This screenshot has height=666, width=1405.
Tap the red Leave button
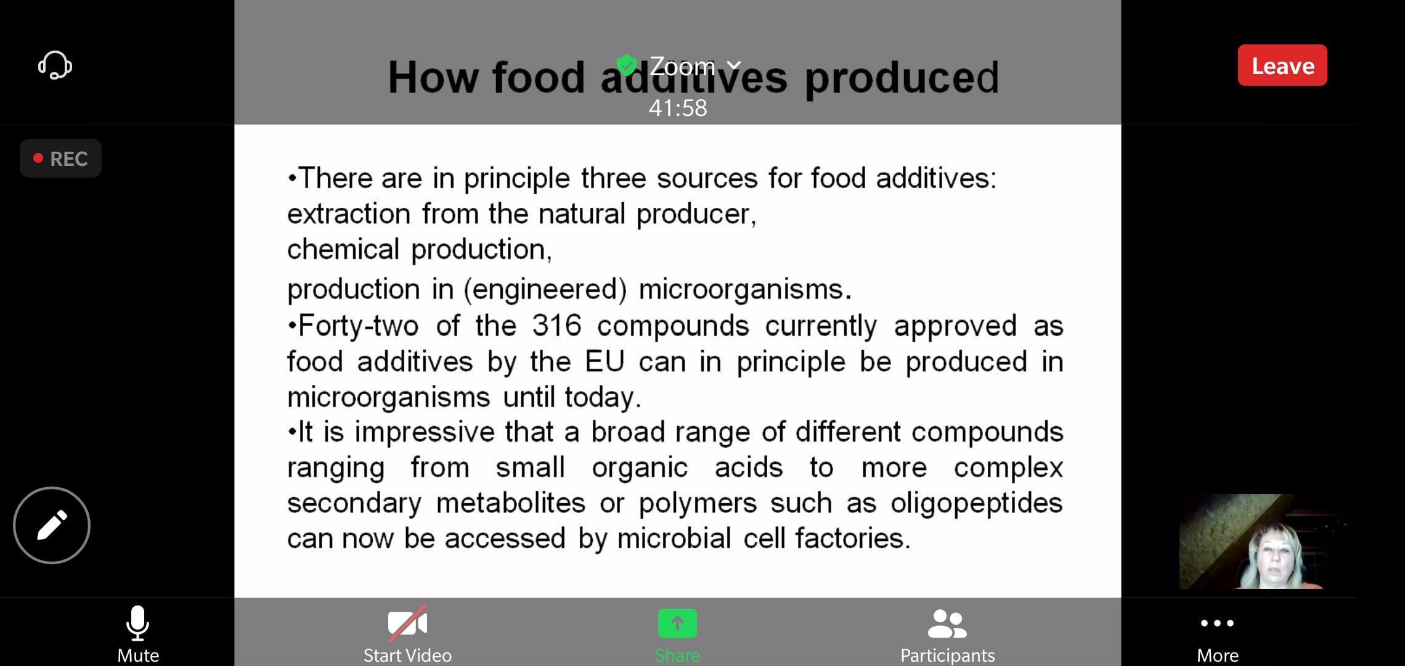[x=1282, y=65]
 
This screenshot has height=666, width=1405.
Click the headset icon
[x=55, y=65]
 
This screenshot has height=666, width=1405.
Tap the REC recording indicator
[x=60, y=158]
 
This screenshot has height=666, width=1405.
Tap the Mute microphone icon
[x=137, y=623]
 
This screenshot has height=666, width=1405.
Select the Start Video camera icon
[x=407, y=623]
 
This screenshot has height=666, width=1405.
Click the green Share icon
[x=677, y=623]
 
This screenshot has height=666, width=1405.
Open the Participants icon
[x=947, y=623]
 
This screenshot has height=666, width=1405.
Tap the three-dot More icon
[x=1217, y=623]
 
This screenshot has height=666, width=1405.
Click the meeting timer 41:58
[x=678, y=108]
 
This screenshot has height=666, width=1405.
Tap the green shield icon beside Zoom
[x=627, y=65]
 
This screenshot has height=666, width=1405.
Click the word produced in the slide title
[x=902, y=78]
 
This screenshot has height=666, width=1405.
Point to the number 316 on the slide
[x=556, y=325]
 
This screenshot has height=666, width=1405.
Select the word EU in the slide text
[x=605, y=361]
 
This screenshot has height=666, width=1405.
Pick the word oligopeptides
[x=977, y=504]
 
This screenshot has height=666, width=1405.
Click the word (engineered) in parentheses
[x=545, y=290]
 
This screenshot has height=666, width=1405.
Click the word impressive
[x=425, y=432]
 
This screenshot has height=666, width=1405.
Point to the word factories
[x=853, y=538]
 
